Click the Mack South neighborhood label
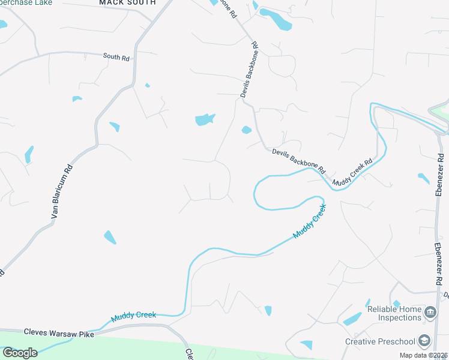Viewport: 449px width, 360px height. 127,3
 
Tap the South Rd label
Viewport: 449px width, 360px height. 116,56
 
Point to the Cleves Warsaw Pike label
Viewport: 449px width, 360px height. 60,331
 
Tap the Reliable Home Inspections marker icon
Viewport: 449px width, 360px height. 430,313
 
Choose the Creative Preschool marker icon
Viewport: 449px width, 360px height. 424,341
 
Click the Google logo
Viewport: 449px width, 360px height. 20,352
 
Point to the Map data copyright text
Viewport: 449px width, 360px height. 423,355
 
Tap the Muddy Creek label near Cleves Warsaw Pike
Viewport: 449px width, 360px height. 133,316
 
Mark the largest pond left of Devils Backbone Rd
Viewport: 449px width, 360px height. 205,119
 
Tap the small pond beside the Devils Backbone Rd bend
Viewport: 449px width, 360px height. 246,130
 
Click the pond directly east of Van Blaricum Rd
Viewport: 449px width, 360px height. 114,127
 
